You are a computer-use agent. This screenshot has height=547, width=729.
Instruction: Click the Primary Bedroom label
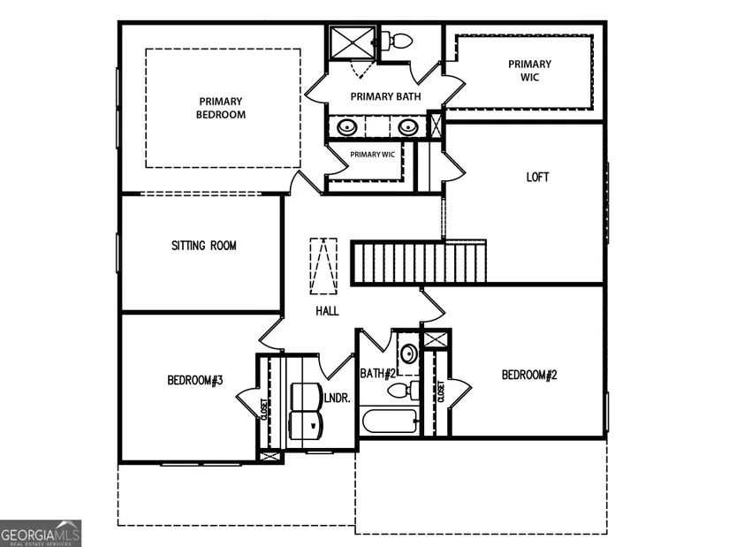(221, 108)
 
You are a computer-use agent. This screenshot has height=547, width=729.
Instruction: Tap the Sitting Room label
(203, 246)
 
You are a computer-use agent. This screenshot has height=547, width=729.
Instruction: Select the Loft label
(537, 178)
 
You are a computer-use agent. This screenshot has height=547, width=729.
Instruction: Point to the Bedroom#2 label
(529, 375)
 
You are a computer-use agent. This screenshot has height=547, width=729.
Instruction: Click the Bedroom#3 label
(195, 381)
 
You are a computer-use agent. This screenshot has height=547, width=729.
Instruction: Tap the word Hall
(327, 311)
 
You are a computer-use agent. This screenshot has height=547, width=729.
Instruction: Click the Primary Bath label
(385, 96)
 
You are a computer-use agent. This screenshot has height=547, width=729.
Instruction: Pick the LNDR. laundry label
(337, 399)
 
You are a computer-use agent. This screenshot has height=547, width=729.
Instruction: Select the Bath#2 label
(377, 374)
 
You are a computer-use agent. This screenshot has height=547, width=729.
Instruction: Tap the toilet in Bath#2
(404, 391)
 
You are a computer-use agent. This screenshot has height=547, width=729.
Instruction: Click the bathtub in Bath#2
(390, 421)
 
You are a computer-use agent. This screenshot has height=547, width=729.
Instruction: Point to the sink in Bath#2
(409, 353)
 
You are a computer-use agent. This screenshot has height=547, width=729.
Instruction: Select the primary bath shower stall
(353, 43)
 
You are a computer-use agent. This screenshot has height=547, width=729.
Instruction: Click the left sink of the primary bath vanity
(347, 126)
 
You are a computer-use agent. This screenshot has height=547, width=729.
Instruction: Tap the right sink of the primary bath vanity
(408, 126)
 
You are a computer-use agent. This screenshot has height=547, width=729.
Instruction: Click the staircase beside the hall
(419, 262)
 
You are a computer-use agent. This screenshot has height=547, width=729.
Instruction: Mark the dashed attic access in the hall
(323, 266)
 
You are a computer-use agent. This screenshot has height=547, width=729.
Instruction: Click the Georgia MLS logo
(41, 534)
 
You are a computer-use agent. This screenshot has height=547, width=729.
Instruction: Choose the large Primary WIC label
(529, 71)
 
